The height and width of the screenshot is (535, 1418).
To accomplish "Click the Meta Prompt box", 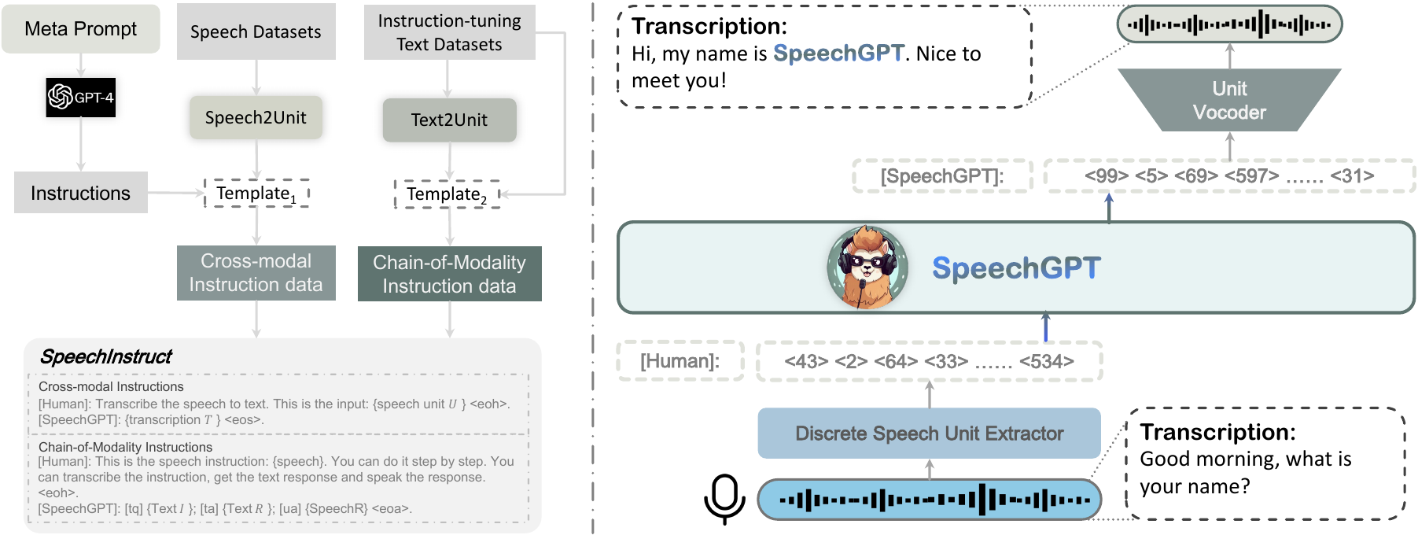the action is (81, 29).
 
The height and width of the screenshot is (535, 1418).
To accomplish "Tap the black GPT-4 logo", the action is (81, 98).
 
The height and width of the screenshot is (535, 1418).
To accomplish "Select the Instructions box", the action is (81, 193).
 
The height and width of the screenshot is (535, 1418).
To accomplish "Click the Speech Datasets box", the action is (256, 31).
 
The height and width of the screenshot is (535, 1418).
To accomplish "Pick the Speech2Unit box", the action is (256, 118).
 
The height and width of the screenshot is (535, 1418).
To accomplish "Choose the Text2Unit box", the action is (450, 120).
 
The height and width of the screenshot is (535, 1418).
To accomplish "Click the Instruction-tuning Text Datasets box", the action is (450, 32).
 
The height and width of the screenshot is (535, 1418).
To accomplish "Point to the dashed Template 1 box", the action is (256, 194).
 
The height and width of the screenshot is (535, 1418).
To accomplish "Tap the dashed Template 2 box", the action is (447, 194).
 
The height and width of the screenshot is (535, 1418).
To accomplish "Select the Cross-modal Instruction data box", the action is (256, 273).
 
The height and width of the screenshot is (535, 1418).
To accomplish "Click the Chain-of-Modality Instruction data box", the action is (450, 274).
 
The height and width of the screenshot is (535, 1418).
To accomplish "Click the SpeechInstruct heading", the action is (106, 357).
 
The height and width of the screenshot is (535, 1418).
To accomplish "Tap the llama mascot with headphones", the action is (867, 267).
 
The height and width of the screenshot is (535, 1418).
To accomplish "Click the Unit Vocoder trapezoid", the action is (1229, 100).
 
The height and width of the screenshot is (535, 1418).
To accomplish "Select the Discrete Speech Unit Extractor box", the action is (929, 433).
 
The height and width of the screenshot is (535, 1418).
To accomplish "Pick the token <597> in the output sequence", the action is (1251, 176).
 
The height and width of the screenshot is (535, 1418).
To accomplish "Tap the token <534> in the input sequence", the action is (1047, 361).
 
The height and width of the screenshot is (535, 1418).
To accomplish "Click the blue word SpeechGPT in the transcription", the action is (839, 53).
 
